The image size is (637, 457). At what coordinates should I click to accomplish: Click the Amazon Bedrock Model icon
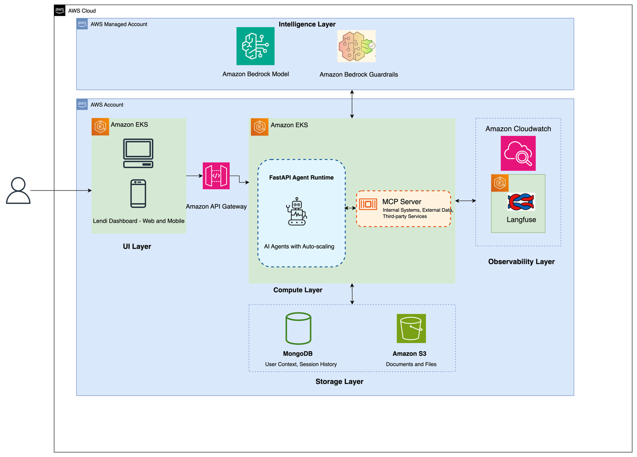(x=255, y=46)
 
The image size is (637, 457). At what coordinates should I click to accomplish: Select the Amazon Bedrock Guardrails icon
(x=357, y=46)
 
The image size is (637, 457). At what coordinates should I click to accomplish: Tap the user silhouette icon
(x=18, y=191)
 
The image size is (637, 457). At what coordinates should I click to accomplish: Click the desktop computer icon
(x=138, y=153)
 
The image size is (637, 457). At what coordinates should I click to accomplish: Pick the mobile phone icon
(x=138, y=194)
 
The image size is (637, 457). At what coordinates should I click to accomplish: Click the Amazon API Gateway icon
(x=216, y=176)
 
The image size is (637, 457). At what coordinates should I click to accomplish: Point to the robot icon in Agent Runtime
(x=296, y=212)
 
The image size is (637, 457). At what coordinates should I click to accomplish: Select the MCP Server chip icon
(x=368, y=204)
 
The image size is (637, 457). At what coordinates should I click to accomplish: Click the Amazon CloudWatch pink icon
(x=518, y=154)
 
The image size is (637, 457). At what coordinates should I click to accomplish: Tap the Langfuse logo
(x=521, y=202)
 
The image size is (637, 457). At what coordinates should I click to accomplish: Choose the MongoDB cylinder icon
(x=298, y=329)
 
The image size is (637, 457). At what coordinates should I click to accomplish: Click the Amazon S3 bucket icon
(x=411, y=329)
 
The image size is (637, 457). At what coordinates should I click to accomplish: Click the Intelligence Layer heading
(x=307, y=24)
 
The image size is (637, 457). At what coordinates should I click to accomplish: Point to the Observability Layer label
(x=521, y=262)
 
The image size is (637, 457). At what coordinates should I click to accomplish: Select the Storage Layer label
(x=339, y=381)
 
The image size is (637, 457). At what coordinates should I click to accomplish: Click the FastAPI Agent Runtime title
(x=301, y=178)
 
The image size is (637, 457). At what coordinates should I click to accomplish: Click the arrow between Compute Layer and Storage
(x=352, y=294)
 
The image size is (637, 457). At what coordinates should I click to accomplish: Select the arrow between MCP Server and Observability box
(x=465, y=201)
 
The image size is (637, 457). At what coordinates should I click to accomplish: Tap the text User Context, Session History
(x=300, y=364)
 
